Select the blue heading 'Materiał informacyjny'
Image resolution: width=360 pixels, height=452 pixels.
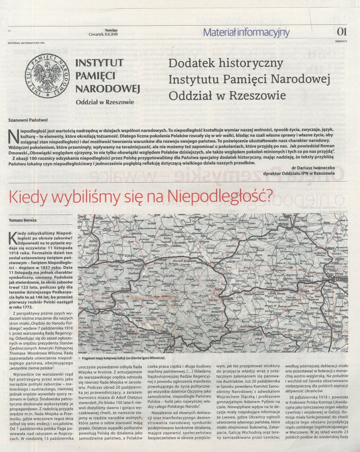pyautogui.click(x=246, y=32)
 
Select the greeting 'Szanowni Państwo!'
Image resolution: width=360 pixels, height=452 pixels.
pyautogui.click(x=28, y=120)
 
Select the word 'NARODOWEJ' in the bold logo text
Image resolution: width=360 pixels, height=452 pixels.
pyautogui.click(x=107, y=89)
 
